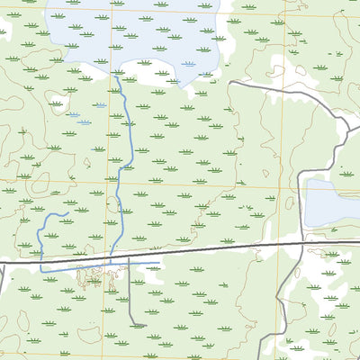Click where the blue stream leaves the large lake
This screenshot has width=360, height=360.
coord(115,76)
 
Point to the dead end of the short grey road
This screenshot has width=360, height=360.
coord(143,326)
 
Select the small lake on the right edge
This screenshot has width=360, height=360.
coord(331,202)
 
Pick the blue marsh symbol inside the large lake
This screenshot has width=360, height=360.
coord(187,64)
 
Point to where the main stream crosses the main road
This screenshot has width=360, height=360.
coord(112,260)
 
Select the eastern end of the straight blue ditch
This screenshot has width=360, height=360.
coord(159,264)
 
